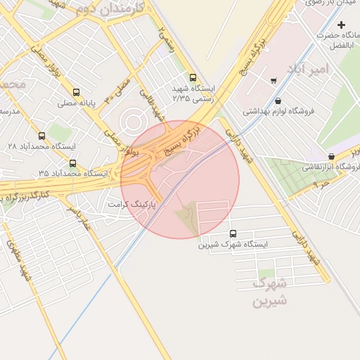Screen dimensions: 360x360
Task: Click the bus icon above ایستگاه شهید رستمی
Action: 193,78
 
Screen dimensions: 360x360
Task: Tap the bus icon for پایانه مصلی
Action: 76,92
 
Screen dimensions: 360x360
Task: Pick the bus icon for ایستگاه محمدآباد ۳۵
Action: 72,164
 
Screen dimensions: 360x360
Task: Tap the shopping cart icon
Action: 273,81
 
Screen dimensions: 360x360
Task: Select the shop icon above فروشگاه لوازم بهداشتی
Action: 279,101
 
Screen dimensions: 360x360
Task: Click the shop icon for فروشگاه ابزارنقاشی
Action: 332,156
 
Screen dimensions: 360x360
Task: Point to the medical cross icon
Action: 341,25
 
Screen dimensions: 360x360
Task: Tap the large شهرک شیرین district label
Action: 270,293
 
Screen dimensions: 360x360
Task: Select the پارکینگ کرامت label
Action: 131,202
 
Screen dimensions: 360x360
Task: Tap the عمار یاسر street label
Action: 79,215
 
